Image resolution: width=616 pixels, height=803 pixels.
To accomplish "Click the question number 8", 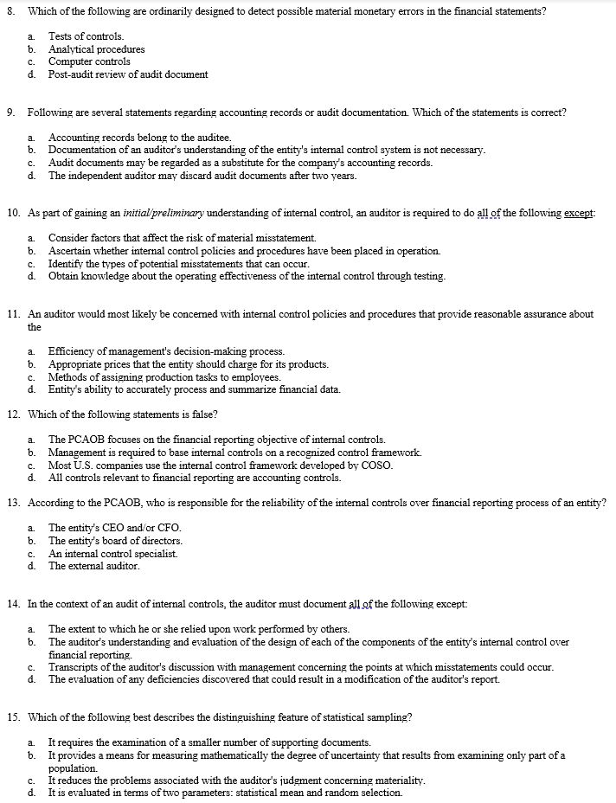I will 10,10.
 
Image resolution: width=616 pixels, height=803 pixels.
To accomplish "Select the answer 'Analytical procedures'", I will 96,49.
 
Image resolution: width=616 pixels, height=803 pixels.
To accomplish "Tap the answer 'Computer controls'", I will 89,61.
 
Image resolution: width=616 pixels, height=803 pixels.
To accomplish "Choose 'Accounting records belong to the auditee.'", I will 139,138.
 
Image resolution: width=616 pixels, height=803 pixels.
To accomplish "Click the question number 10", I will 14,213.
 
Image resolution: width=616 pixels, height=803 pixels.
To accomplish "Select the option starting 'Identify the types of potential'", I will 178,263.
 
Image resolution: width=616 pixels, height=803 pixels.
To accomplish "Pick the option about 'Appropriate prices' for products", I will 188,364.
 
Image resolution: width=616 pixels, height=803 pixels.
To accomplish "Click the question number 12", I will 14,414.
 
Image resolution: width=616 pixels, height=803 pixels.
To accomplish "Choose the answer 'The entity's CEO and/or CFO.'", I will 114,528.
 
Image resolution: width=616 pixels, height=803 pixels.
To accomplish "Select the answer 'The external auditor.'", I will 93,566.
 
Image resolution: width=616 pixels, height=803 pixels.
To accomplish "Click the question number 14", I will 14,603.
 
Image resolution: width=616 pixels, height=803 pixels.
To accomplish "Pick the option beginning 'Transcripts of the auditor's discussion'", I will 300,666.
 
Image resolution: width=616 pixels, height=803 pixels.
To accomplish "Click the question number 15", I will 14,716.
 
